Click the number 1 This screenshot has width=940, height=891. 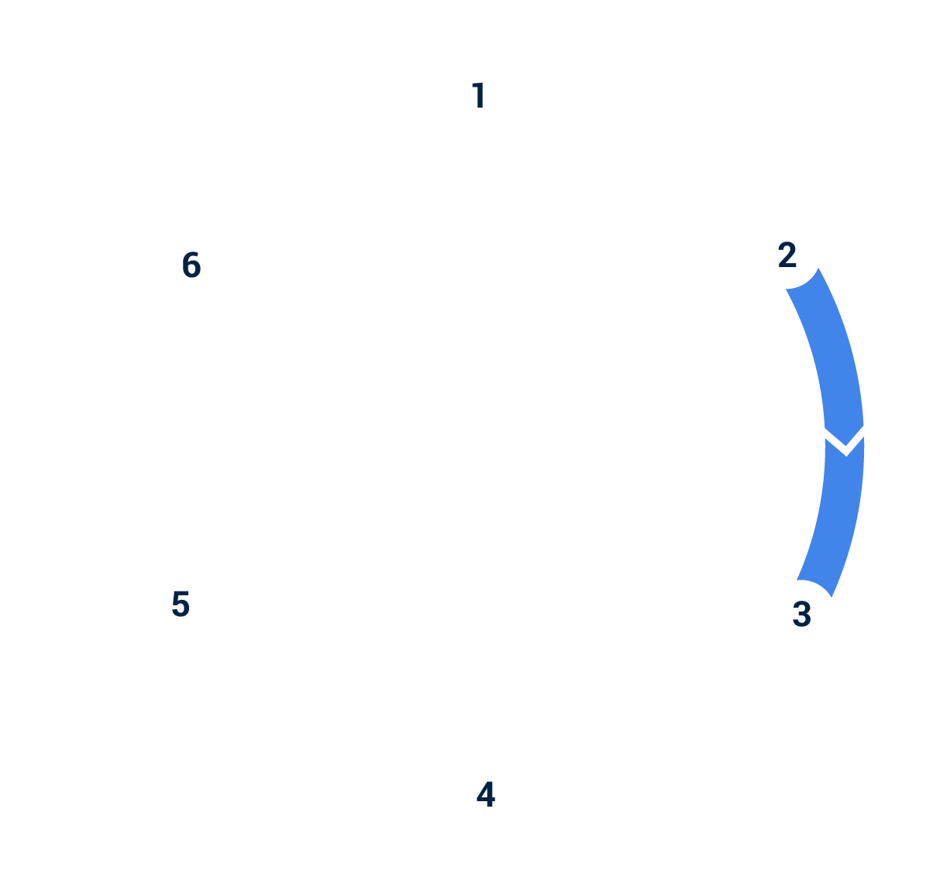(478, 96)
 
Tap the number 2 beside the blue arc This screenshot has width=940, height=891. (787, 255)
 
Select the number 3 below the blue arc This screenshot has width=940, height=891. (801, 614)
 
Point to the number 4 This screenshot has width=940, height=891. (485, 795)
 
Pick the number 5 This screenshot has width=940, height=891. (180, 605)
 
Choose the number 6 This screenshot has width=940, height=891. (191, 266)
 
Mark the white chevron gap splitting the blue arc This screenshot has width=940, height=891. (845, 440)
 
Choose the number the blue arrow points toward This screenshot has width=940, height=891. (801, 614)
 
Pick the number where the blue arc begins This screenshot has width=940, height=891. (787, 255)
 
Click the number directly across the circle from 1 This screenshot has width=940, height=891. (485, 795)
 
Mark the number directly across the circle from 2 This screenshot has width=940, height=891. (180, 605)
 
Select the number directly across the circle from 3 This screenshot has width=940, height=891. (191, 266)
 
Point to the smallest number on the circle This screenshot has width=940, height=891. (478, 96)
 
